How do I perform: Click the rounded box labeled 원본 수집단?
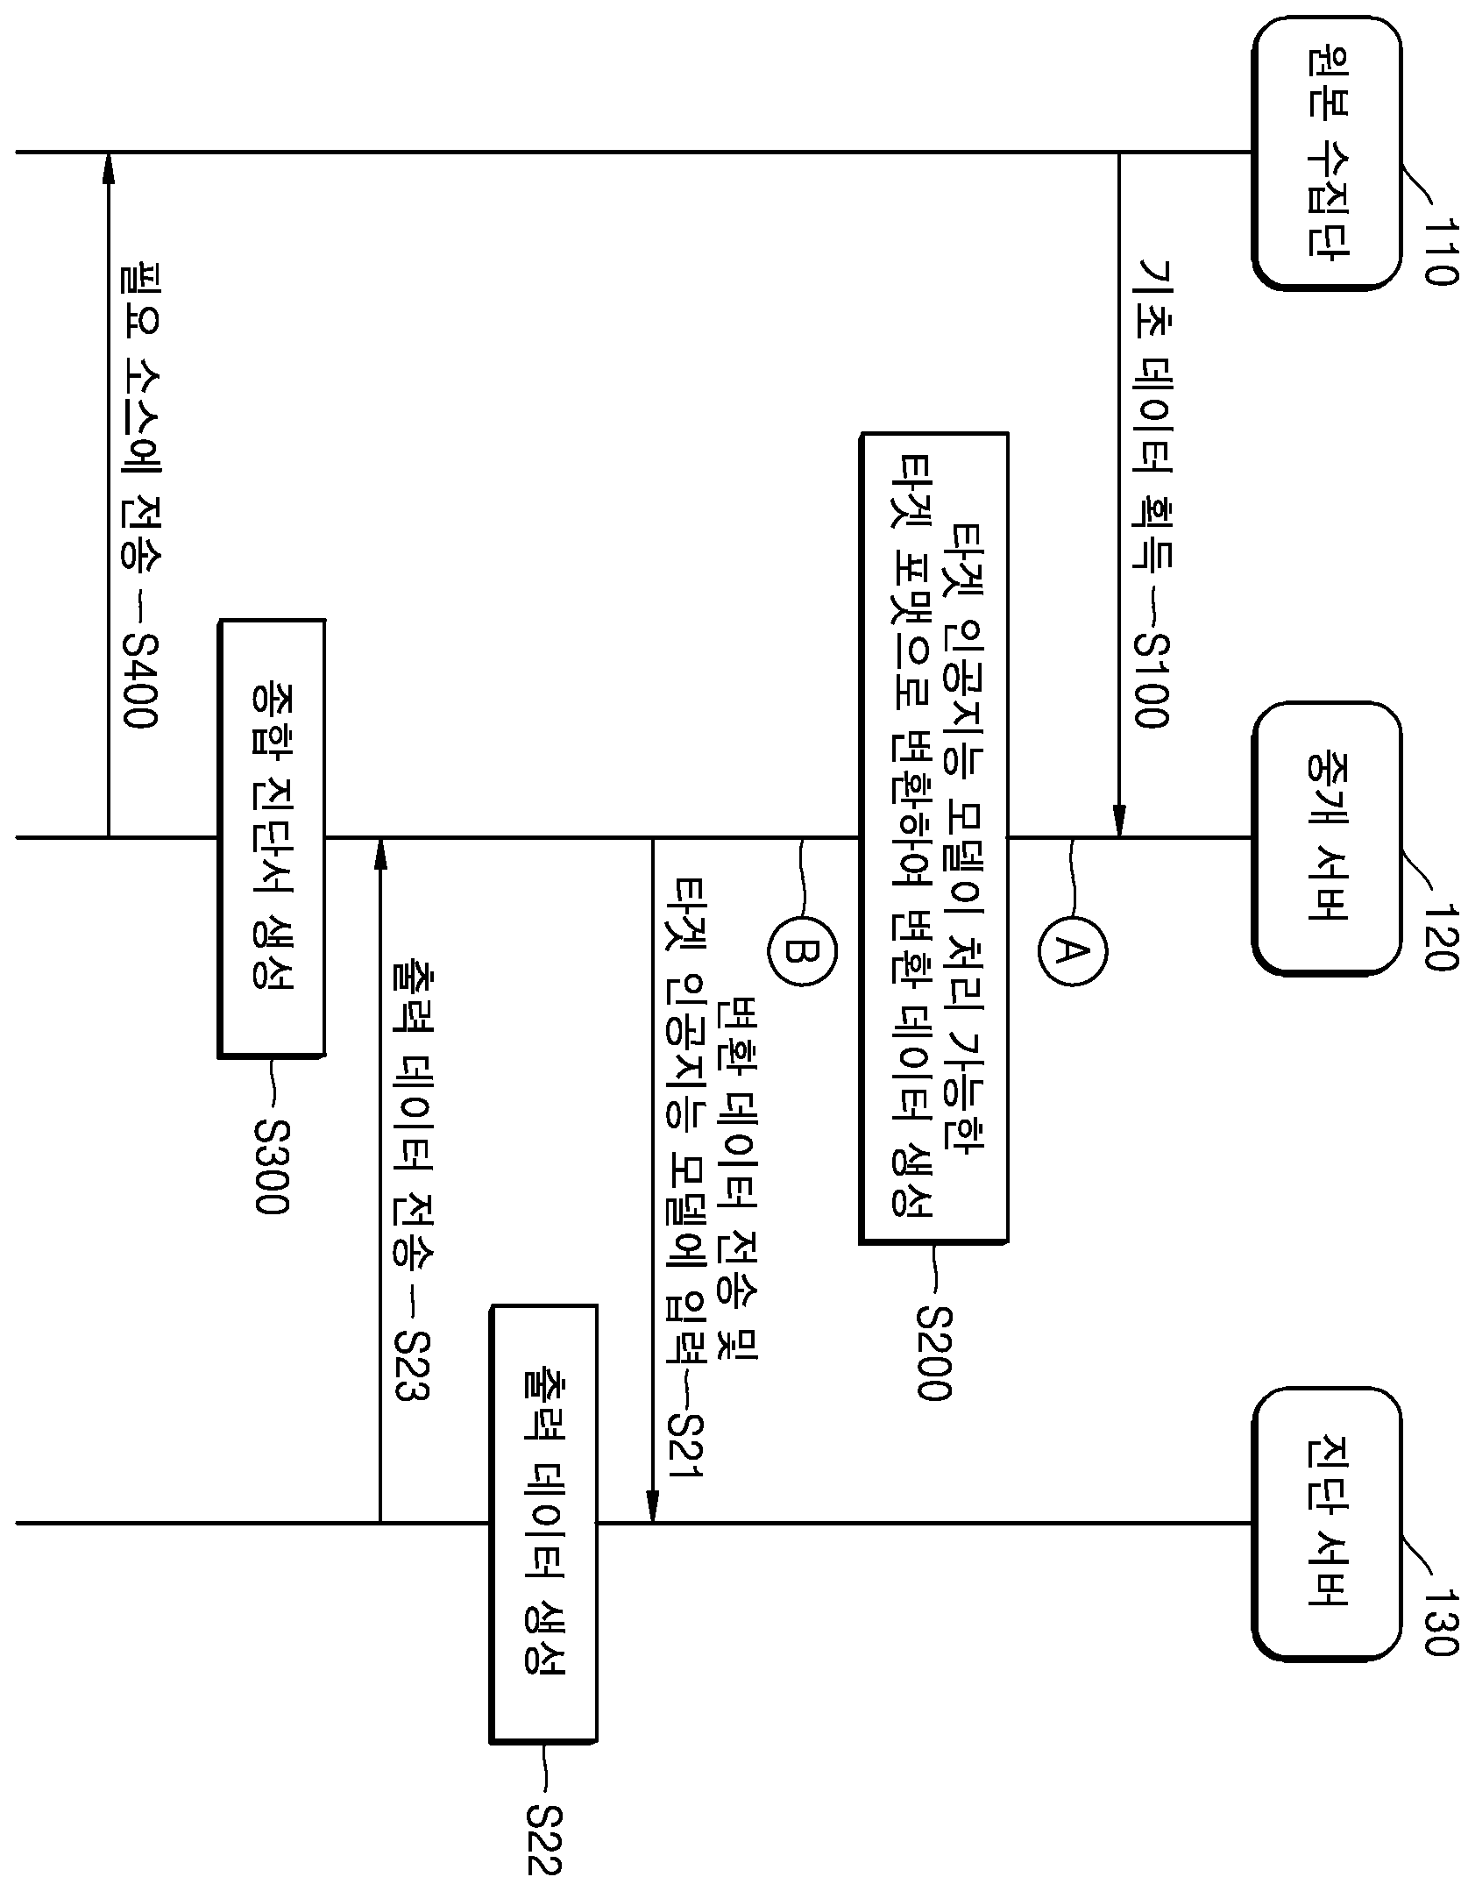tap(1326, 153)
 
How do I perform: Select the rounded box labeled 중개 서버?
tap(1326, 837)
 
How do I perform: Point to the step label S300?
tap(271, 1166)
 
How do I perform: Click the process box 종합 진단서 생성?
tap(272, 838)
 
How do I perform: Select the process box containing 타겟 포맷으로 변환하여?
tap(933, 837)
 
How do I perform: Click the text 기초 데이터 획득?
tap(1151, 413)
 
